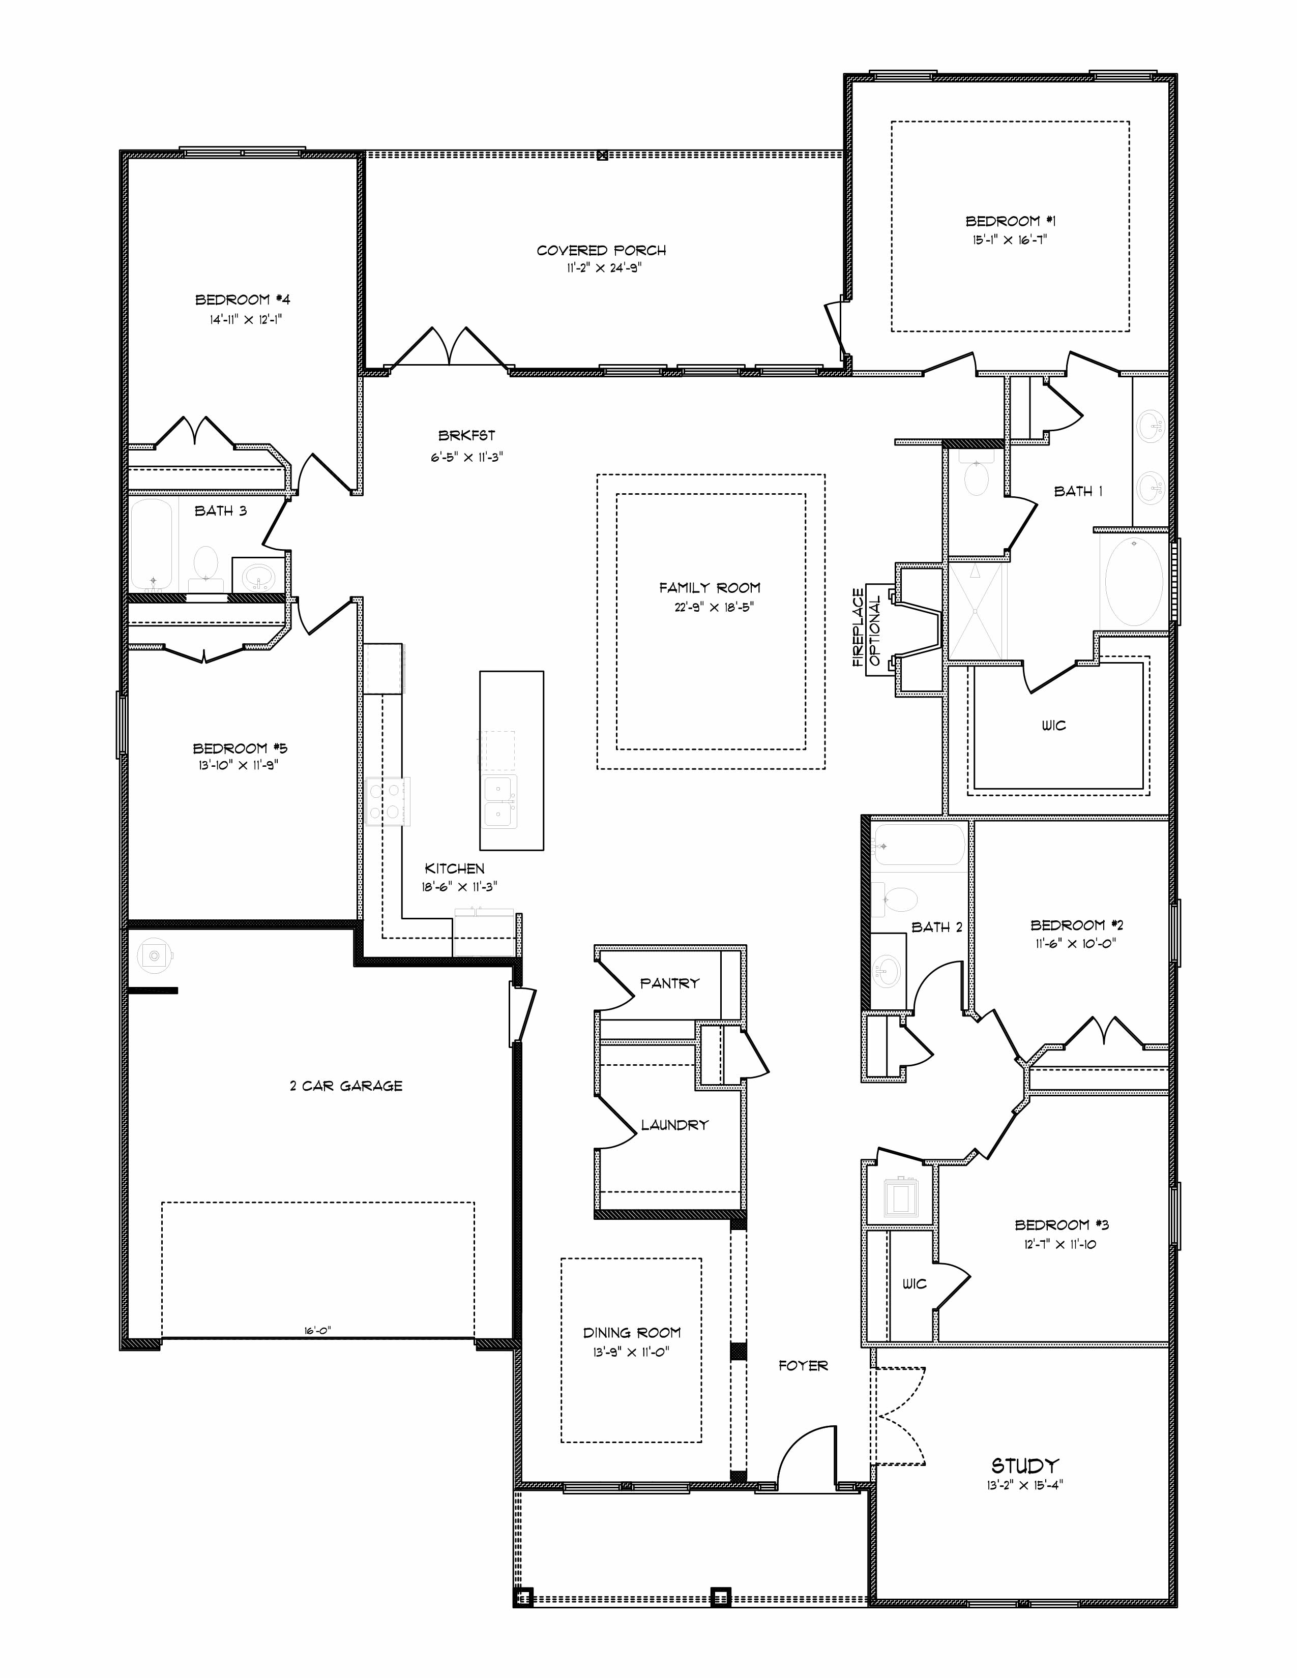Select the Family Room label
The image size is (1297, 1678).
pyautogui.click(x=709, y=588)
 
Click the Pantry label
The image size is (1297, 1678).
pyautogui.click(x=669, y=983)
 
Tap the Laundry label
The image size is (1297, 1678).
pyautogui.click(x=674, y=1125)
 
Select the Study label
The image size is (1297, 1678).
pyautogui.click(x=1025, y=1465)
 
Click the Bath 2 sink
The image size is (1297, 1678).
pyautogui.click(x=888, y=970)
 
